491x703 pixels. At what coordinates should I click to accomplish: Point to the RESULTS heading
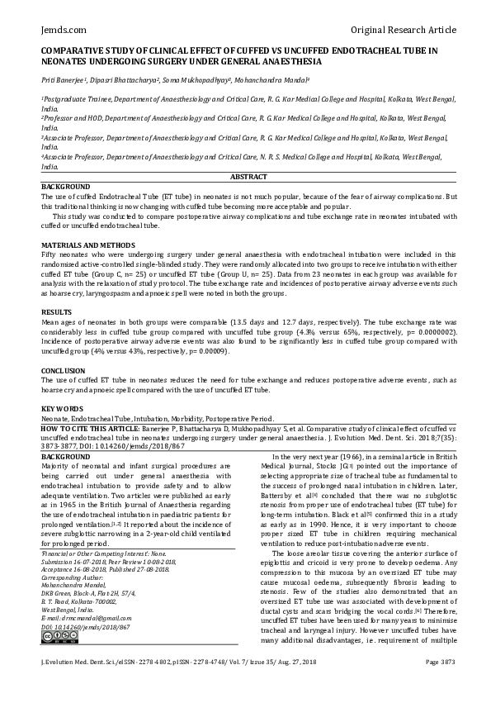point(55,311)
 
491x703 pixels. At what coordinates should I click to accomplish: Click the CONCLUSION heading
point(64,370)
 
